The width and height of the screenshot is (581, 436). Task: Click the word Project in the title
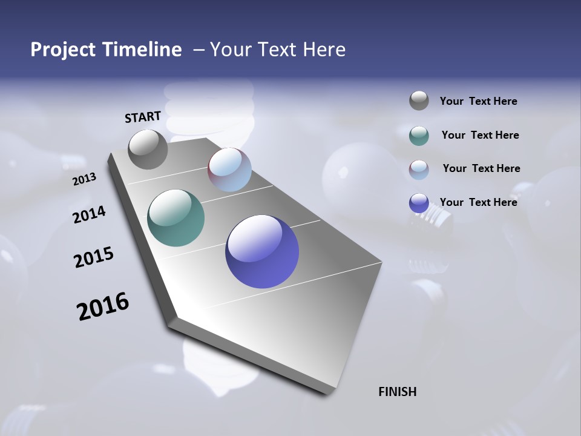[64, 50]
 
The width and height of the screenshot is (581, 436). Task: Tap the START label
[143, 117]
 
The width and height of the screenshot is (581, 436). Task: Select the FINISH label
[398, 392]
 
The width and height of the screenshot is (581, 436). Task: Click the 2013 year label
[84, 179]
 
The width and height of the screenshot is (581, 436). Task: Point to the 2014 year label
[89, 214]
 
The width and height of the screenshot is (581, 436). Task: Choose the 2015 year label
[94, 257]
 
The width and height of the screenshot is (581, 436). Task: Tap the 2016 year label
[103, 306]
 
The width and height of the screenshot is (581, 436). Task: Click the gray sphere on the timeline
[148, 149]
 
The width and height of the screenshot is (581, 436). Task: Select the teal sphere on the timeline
[176, 218]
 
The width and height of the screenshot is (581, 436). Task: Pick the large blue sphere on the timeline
[262, 251]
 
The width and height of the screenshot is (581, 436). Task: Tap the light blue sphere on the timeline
[229, 170]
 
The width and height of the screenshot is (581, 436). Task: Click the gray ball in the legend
[419, 101]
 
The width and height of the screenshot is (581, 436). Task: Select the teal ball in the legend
[419, 136]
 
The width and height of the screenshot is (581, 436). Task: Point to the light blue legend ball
[419, 170]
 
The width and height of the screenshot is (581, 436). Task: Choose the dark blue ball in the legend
[419, 203]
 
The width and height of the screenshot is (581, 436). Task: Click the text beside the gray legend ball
[479, 101]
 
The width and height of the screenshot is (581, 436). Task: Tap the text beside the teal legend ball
[481, 135]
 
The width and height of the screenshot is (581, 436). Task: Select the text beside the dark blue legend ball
[479, 202]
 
